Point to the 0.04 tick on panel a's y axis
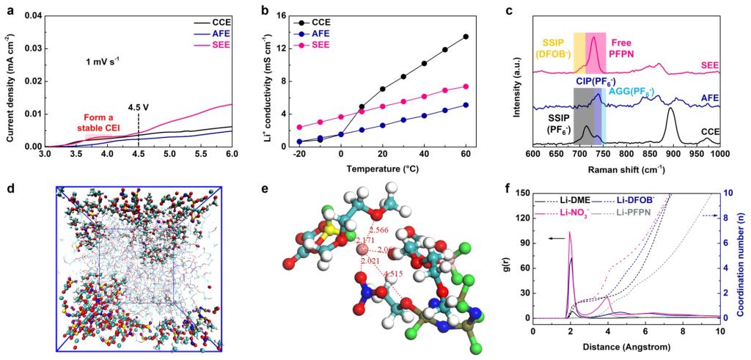31,15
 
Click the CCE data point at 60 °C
466,37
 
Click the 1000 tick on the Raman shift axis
719,155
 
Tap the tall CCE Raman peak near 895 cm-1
670,109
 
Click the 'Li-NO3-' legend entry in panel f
577,212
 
